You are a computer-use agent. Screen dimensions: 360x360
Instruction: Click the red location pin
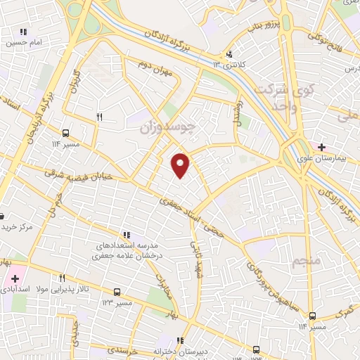(x=181, y=165)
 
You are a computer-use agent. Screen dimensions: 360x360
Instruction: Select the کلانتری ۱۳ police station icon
(x=229, y=55)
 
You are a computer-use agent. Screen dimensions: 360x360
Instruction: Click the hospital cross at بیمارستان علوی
(x=322, y=147)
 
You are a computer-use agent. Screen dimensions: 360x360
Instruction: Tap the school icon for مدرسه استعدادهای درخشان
(x=127, y=235)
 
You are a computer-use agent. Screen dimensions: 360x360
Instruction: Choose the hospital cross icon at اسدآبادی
(x=15, y=279)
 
